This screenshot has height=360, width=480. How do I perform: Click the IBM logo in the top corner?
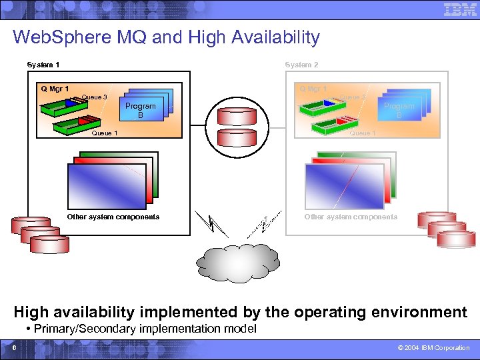click(459, 11)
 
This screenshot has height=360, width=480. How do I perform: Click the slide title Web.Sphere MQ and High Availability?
click(166, 37)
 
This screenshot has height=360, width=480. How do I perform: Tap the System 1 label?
click(43, 65)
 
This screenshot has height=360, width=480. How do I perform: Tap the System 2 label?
click(301, 65)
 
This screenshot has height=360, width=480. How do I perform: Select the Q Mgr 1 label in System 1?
click(55, 89)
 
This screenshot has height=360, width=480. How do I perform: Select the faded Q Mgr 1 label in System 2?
click(313, 89)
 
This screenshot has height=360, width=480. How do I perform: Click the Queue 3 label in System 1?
click(94, 97)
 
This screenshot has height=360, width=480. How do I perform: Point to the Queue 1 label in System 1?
click(105, 133)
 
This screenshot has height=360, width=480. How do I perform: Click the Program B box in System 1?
click(141, 110)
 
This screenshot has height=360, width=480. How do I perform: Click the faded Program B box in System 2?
click(399, 110)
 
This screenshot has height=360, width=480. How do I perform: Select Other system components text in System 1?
click(113, 217)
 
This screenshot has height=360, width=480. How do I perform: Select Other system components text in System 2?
click(351, 217)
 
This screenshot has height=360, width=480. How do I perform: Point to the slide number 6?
click(13, 348)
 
